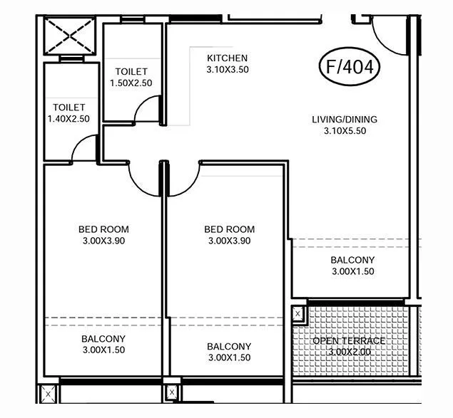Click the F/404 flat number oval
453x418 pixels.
pos(349,68)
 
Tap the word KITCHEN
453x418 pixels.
pos(227,58)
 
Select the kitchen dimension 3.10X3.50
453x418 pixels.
pos(227,70)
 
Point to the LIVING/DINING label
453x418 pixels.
pos(345,119)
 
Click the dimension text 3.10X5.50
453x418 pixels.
pos(345,131)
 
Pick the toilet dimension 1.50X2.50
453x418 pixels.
pos(131,83)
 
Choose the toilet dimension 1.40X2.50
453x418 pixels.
pos(68,119)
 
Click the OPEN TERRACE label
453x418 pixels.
pos(349,340)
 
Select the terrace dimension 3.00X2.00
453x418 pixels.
pos(349,352)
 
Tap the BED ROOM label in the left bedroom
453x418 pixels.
pos(103,229)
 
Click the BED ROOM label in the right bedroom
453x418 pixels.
pos(229,229)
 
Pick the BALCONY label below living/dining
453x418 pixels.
pos(352,260)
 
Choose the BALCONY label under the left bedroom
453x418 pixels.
pos(103,338)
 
